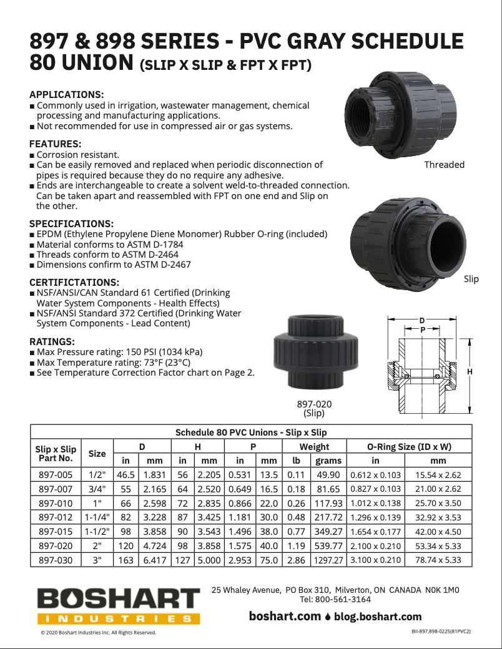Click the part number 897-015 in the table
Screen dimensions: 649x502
pos(56,532)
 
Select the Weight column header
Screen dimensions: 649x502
pos(314,446)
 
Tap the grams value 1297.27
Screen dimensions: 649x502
pos(328,560)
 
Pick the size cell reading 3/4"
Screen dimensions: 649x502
pos(97,489)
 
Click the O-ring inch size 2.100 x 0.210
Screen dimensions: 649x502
pos(375,546)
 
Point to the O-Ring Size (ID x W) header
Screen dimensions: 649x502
pos(408,446)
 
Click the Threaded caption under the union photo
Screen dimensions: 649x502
pos(444,165)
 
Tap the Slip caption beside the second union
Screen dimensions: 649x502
pos(471,279)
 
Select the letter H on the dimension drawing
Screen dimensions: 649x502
pos(470,372)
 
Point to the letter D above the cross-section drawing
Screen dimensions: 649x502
pos(422,321)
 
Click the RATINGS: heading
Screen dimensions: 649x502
pos(52,341)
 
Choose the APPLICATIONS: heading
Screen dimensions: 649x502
pos(67,95)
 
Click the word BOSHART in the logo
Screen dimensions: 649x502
pos(118,600)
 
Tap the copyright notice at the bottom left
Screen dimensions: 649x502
pos(98,632)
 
